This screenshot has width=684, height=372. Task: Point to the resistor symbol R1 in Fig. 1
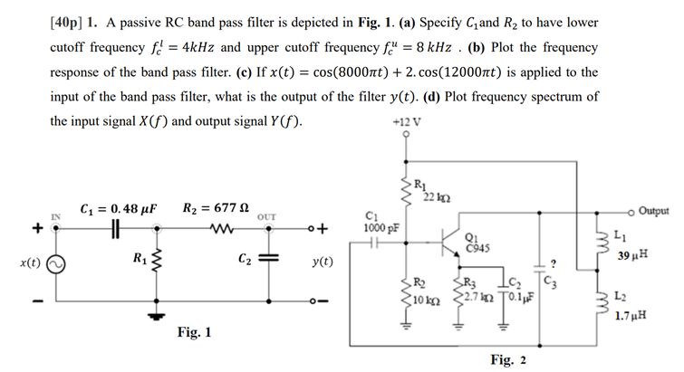click(x=156, y=265)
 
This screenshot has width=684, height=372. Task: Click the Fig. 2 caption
click(x=508, y=360)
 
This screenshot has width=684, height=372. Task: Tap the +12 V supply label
click(x=408, y=121)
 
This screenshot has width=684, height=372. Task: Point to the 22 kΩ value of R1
click(x=432, y=198)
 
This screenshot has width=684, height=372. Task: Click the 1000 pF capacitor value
click(x=380, y=228)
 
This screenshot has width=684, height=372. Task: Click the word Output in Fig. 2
click(x=652, y=212)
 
